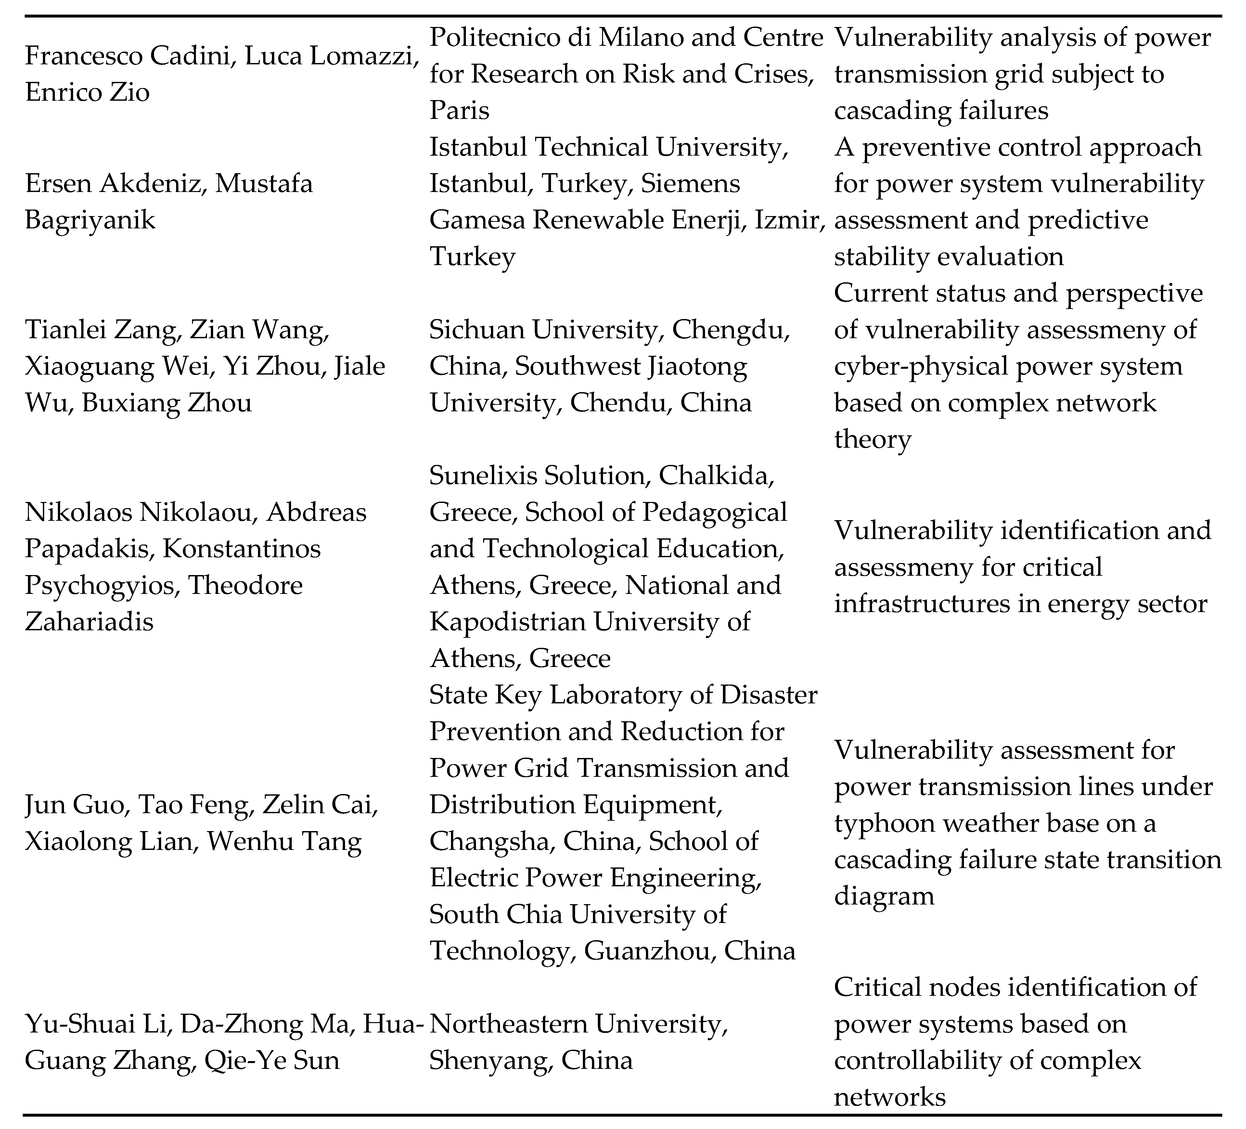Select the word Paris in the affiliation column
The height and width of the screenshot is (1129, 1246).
tap(459, 110)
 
